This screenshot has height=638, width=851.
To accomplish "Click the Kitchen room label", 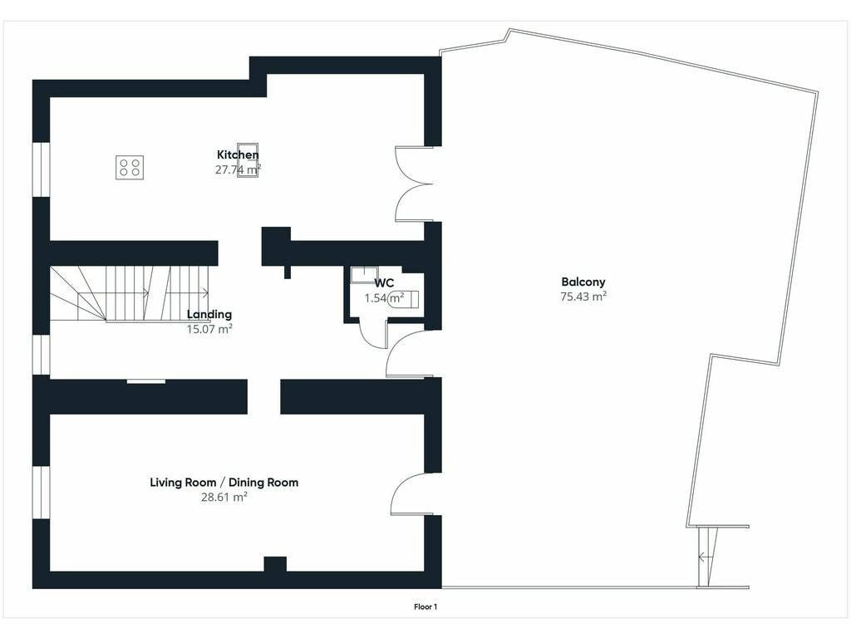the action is (238, 155).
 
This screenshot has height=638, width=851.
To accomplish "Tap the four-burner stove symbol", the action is (130, 167).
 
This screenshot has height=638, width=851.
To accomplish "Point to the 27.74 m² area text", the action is (238, 169).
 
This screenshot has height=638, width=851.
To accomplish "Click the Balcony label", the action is (583, 282).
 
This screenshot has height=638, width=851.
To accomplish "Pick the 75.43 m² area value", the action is (583, 297).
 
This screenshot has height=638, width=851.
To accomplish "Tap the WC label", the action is (384, 283).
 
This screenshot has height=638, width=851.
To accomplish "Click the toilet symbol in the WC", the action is (404, 299).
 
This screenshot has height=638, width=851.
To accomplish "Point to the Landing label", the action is (209, 314).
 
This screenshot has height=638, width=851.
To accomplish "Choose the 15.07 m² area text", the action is (209, 329).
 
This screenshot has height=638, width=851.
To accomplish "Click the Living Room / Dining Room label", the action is (224, 483).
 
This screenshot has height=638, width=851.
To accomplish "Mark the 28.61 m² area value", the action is (224, 497).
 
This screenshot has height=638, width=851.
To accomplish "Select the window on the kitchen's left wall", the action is (42, 169).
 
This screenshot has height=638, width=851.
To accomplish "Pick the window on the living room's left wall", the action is (42, 492).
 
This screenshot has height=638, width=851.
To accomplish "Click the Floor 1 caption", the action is (425, 607).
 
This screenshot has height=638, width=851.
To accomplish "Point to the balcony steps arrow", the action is (706, 557).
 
